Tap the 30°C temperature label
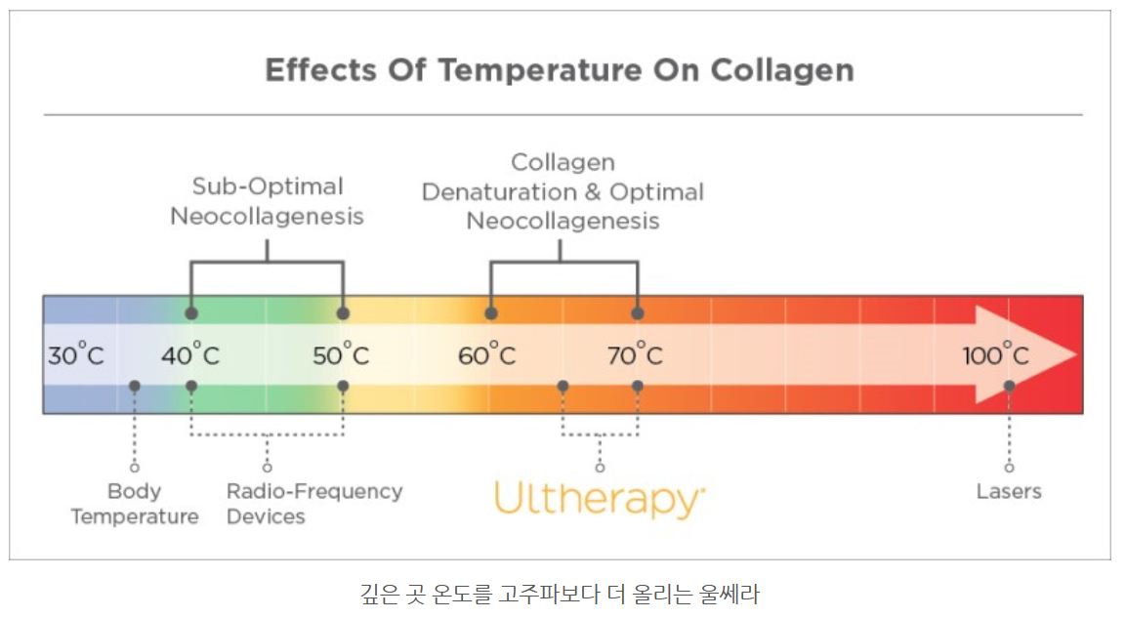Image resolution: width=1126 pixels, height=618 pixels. [75, 354]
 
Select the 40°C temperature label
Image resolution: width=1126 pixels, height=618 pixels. [190, 354]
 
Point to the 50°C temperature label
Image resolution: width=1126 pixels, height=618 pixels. [341, 354]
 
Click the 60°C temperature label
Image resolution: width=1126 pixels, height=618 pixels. [487, 354]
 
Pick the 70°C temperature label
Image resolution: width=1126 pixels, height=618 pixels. [635, 354]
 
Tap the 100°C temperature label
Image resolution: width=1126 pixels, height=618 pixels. [995, 354]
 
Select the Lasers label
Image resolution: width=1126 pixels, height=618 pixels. [1009, 491]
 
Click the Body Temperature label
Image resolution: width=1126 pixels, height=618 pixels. [135, 504]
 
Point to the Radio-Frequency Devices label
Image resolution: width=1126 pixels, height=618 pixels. [314, 504]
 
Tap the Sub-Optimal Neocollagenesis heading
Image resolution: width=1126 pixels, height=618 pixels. [267, 200]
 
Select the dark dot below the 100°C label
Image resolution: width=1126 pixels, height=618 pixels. [1009, 386]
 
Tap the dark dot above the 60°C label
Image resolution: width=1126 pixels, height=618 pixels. [491, 313]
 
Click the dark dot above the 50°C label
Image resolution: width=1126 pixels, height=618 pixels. [343, 313]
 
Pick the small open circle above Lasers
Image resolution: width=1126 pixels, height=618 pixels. [1009, 468]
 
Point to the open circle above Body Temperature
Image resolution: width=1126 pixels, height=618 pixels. [135, 468]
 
